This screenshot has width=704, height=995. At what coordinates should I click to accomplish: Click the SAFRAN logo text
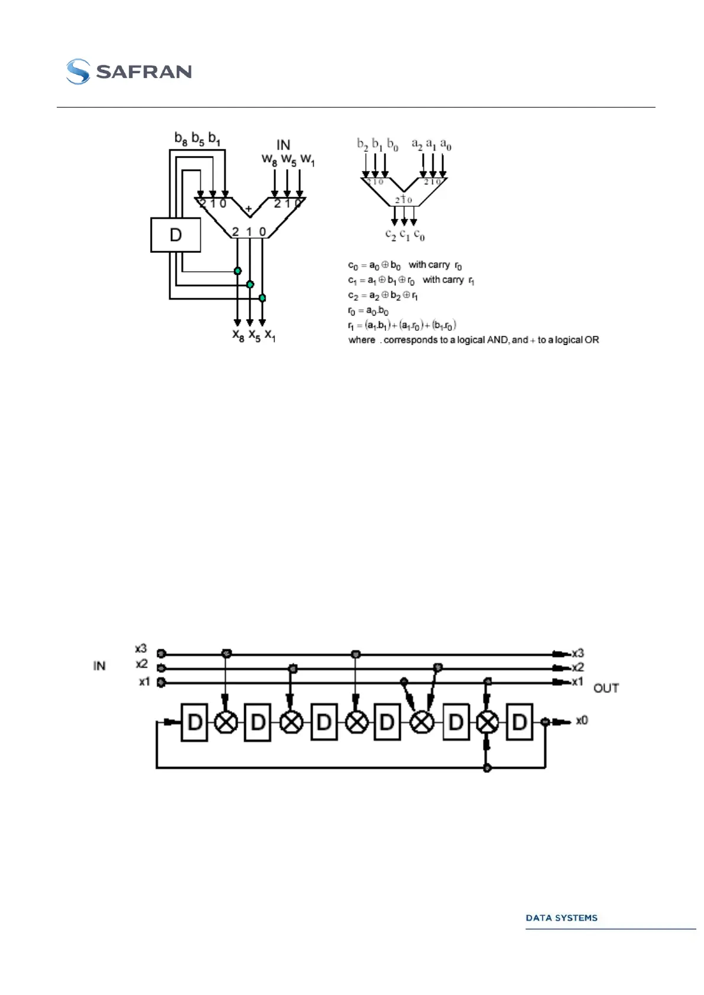tap(144, 71)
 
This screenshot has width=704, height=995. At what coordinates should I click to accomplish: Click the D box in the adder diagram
tap(176, 235)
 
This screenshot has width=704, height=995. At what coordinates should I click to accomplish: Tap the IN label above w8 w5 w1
tap(283, 145)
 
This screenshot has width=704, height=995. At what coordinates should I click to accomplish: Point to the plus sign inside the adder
tap(249, 209)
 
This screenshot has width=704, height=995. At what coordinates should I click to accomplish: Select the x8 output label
tap(238, 336)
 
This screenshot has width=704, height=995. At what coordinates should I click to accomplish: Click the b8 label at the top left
tap(181, 139)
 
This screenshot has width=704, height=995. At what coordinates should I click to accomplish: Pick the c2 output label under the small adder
tap(390, 235)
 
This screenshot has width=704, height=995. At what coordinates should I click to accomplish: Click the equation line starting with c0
tap(405, 265)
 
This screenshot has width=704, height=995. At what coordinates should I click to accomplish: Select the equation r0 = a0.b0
tap(368, 311)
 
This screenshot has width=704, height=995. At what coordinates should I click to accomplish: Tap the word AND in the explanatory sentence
tap(497, 340)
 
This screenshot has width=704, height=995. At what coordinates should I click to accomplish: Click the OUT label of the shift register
tap(606, 688)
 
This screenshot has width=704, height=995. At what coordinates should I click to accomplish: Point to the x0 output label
tap(582, 720)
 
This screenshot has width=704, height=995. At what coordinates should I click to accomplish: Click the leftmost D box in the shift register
tap(194, 722)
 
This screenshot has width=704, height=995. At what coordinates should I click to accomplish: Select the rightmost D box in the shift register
tap(520, 722)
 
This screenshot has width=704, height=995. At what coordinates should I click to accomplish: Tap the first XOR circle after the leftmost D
tap(225, 722)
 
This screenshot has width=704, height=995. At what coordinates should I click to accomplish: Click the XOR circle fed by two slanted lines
tap(421, 722)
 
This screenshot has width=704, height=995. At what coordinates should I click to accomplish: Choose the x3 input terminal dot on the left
tap(161, 653)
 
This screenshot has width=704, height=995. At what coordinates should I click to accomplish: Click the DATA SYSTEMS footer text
tap(562, 918)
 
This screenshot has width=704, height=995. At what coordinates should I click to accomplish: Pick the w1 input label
tap(307, 160)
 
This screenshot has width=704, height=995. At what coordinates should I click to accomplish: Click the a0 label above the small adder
tap(446, 145)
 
